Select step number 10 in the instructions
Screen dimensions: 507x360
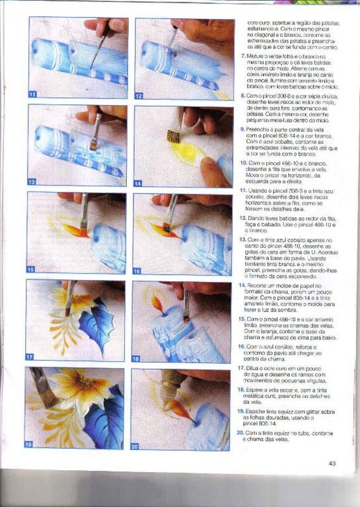pos(242,162)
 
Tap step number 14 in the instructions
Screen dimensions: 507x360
pos(242,286)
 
